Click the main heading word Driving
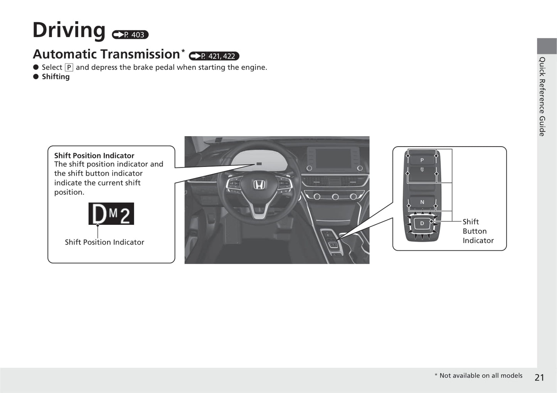[x=69, y=30]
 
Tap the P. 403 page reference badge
[x=130, y=35]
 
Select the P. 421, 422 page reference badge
[x=214, y=56]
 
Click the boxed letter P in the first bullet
[x=69, y=67]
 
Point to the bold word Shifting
[x=56, y=77]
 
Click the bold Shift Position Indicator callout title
[x=94, y=155]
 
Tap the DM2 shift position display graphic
[x=111, y=214]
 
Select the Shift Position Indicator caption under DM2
[x=104, y=242]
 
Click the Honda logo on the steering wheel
[x=259, y=185]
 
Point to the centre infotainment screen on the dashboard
[x=334, y=158]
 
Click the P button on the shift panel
[x=422, y=160]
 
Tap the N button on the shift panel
[x=422, y=202]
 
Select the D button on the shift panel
[x=422, y=223]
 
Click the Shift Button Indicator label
[x=478, y=231]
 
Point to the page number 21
[x=539, y=378]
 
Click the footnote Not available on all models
[x=481, y=376]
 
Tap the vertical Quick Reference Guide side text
[x=542, y=96]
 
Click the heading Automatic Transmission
[x=106, y=54]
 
